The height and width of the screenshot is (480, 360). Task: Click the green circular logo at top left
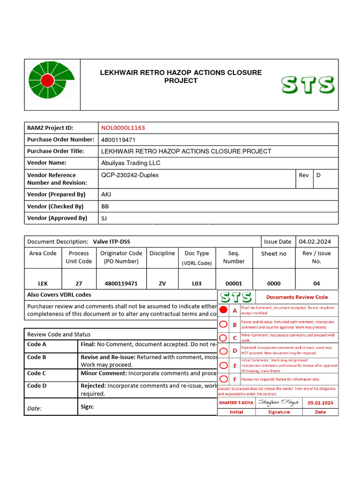coord(47,80)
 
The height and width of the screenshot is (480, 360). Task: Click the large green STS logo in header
coord(307,85)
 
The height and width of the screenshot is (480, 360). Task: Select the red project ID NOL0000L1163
coord(123,127)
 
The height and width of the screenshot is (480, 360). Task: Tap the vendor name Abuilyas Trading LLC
coord(131,163)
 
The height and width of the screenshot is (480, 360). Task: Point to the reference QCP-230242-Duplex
coord(130,175)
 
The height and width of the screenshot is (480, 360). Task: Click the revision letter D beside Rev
coord(318,175)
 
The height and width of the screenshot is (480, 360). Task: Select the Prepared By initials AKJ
coord(106,195)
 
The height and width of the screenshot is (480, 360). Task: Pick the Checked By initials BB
coord(105,206)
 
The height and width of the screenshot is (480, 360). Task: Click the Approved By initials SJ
coord(104,218)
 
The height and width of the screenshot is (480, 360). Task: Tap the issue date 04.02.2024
coord(315,241)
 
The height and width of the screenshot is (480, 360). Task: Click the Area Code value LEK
coord(43,284)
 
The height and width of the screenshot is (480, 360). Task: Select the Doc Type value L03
coord(197,284)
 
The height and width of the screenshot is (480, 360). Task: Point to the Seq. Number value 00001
coord(234,284)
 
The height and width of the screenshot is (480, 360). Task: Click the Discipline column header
coord(162,253)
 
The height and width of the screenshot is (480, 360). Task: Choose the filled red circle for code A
coord(224,310)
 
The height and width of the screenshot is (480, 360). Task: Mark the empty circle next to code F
coord(224,379)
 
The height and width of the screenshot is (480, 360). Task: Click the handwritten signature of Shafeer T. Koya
coord(278,402)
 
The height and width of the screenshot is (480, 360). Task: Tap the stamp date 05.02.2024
coord(321,403)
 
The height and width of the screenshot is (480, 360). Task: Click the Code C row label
coord(37,373)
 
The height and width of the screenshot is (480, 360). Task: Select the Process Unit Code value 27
coord(79,284)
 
